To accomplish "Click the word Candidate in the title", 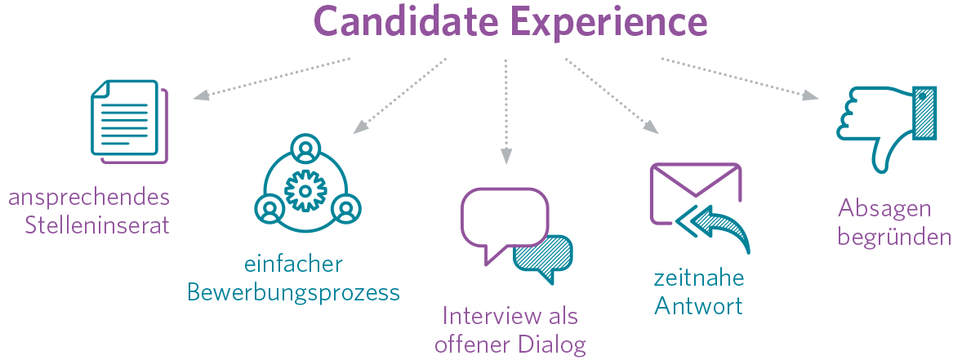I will tap(405, 22).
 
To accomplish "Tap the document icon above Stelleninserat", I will tap(127, 120).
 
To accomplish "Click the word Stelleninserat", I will tap(97, 224).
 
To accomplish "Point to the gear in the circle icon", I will tap(305, 190).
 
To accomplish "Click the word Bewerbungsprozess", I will tap(294, 292).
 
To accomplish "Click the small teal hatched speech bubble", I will tap(543, 256).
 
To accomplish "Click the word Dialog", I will tap(552, 344).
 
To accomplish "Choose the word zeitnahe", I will tap(699, 278).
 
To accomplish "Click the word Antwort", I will tap(699, 306).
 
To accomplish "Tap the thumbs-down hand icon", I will tap(884, 122).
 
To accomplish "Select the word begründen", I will tap(894, 238).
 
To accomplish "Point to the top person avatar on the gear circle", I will tap(305, 150).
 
